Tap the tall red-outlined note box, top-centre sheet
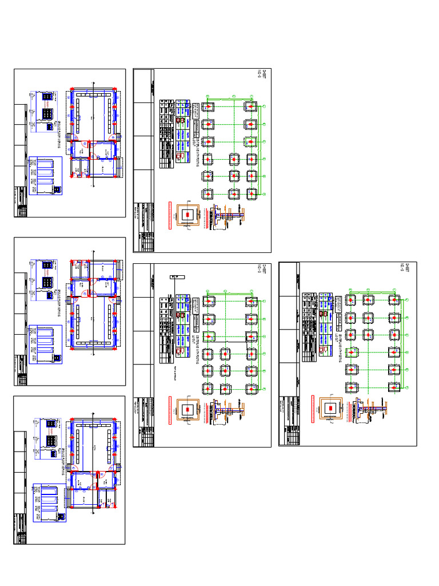click(170, 215)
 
